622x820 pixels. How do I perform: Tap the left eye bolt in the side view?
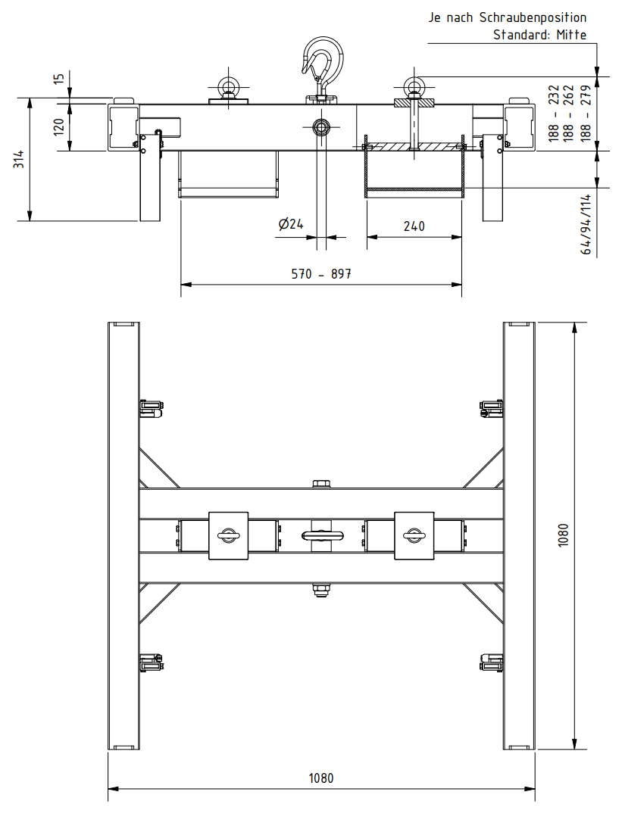click(x=228, y=89)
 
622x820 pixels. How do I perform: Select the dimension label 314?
click(x=20, y=160)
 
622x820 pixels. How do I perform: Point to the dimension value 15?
click(x=59, y=80)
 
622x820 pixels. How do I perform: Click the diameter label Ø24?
click(x=290, y=224)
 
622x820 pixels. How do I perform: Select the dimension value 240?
click(x=414, y=226)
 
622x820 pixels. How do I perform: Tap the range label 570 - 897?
click(x=321, y=274)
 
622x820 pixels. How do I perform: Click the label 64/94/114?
click(x=586, y=224)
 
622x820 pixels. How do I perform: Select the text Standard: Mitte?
click(x=539, y=34)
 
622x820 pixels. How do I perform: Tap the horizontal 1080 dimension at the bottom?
click(x=321, y=778)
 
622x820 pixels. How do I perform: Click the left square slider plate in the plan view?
click(x=228, y=535)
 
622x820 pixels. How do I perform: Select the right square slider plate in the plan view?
click(x=414, y=535)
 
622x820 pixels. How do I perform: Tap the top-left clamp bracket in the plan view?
click(x=152, y=409)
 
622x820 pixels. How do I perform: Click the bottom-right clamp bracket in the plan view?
click(x=492, y=663)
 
